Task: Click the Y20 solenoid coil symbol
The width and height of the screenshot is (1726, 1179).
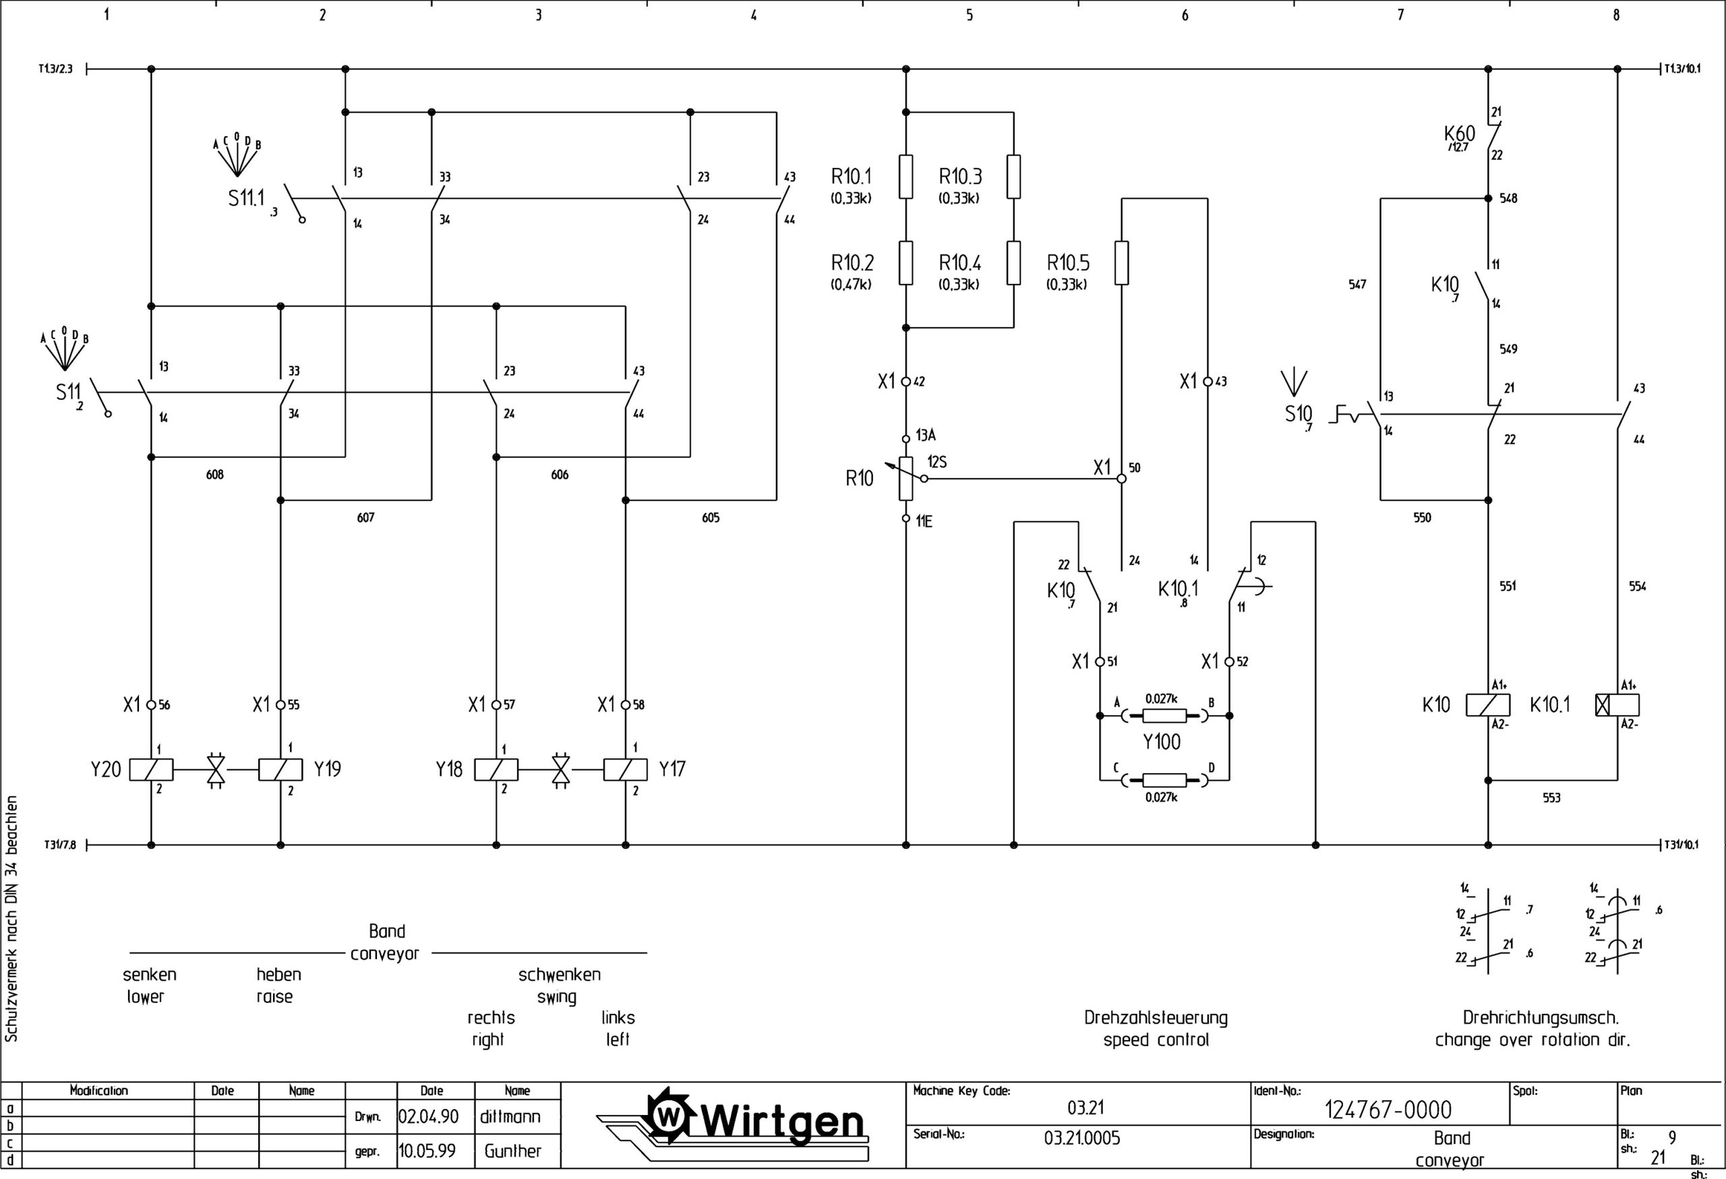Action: [x=151, y=769]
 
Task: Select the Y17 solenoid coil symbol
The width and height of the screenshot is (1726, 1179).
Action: [x=626, y=769]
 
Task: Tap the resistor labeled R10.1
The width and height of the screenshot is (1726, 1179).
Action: [x=905, y=177]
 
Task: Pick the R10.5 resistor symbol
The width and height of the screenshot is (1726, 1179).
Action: [x=1121, y=263]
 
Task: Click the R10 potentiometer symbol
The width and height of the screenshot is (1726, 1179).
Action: [x=905, y=478]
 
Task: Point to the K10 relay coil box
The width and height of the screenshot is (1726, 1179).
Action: [x=1487, y=704]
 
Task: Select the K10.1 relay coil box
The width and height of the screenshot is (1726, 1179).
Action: [x=1617, y=704]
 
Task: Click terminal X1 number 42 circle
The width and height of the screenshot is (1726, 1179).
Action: [x=905, y=382]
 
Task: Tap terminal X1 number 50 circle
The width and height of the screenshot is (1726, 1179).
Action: [x=1121, y=479]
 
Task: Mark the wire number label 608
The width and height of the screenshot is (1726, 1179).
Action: [x=214, y=475]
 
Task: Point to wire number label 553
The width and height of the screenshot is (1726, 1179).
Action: [x=1551, y=797]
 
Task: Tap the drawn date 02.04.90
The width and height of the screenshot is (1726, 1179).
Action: [x=429, y=1116]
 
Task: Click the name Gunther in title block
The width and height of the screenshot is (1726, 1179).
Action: [x=512, y=1151]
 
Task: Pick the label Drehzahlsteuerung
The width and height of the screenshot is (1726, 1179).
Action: [x=1156, y=1017]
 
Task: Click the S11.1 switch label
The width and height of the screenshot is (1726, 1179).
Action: [x=247, y=198]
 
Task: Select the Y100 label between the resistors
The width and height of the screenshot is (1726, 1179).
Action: [x=1162, y=742]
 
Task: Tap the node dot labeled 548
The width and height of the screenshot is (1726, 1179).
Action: [x=1487, y=198]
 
